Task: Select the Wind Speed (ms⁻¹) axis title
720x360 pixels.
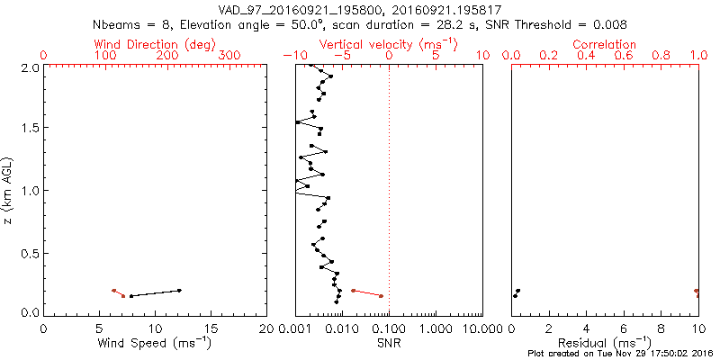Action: point(155,343)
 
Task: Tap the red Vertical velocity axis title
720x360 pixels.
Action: point(389,44)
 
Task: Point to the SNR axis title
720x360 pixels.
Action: point(389,343)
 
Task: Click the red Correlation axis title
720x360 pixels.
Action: point(605,44)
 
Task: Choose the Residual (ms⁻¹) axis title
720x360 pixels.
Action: point(605,343)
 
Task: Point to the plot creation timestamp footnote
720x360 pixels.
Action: point(621,355)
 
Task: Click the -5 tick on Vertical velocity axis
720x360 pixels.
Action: point(341,56)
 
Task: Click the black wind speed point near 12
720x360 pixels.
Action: point(179,290)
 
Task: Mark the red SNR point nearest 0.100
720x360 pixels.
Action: point(381,296)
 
